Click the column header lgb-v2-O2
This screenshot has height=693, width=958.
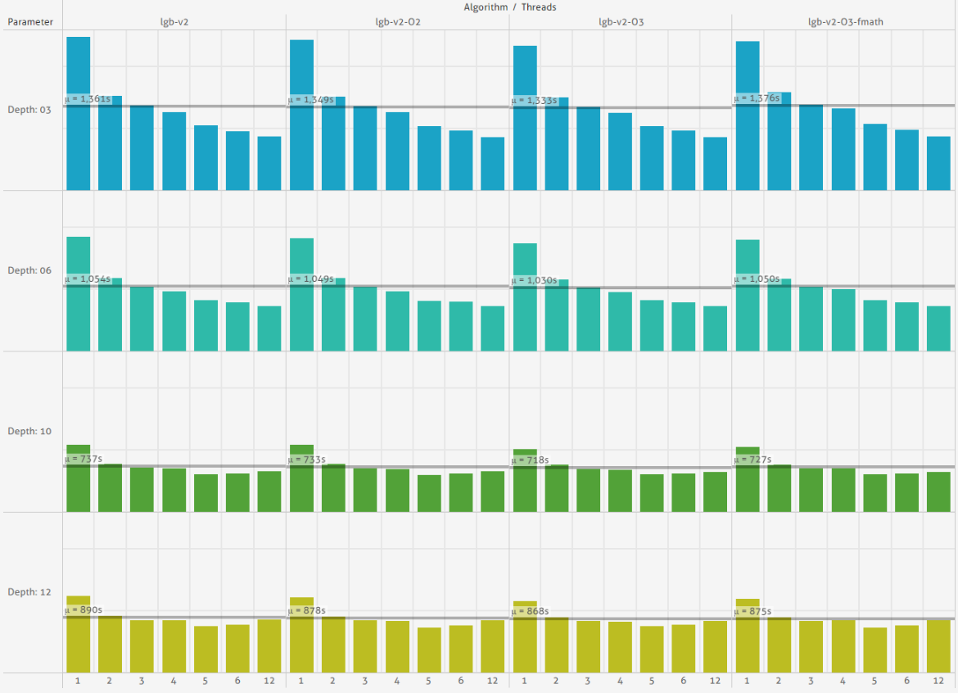point(397,22)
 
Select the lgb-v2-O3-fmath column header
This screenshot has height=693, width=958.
point(844,22)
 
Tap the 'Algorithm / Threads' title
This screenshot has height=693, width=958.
point(509,7)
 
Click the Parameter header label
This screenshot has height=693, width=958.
point(30,22)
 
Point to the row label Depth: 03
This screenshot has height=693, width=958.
point(30,109)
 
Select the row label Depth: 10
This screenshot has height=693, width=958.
point(30,431)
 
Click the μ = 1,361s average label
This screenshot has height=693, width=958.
point(88,99)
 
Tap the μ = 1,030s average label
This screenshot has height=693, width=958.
point(534,281)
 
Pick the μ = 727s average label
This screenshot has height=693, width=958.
point(753,460)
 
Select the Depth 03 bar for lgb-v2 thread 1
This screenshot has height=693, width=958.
point(79,114)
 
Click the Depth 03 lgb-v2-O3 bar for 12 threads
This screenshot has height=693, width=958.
point(715,164)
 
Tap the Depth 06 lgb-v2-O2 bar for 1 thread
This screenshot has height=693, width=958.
point(301,295)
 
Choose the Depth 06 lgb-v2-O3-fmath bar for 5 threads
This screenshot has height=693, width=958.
point(875,326)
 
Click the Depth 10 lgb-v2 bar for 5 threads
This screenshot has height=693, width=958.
point(206,493)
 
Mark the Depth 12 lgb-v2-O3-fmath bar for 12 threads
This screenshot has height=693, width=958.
point(938,646)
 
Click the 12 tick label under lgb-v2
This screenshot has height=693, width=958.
point(269,682)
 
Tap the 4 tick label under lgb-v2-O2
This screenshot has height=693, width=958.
point(397,682)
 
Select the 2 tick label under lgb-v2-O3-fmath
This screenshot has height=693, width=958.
point(780,682)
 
